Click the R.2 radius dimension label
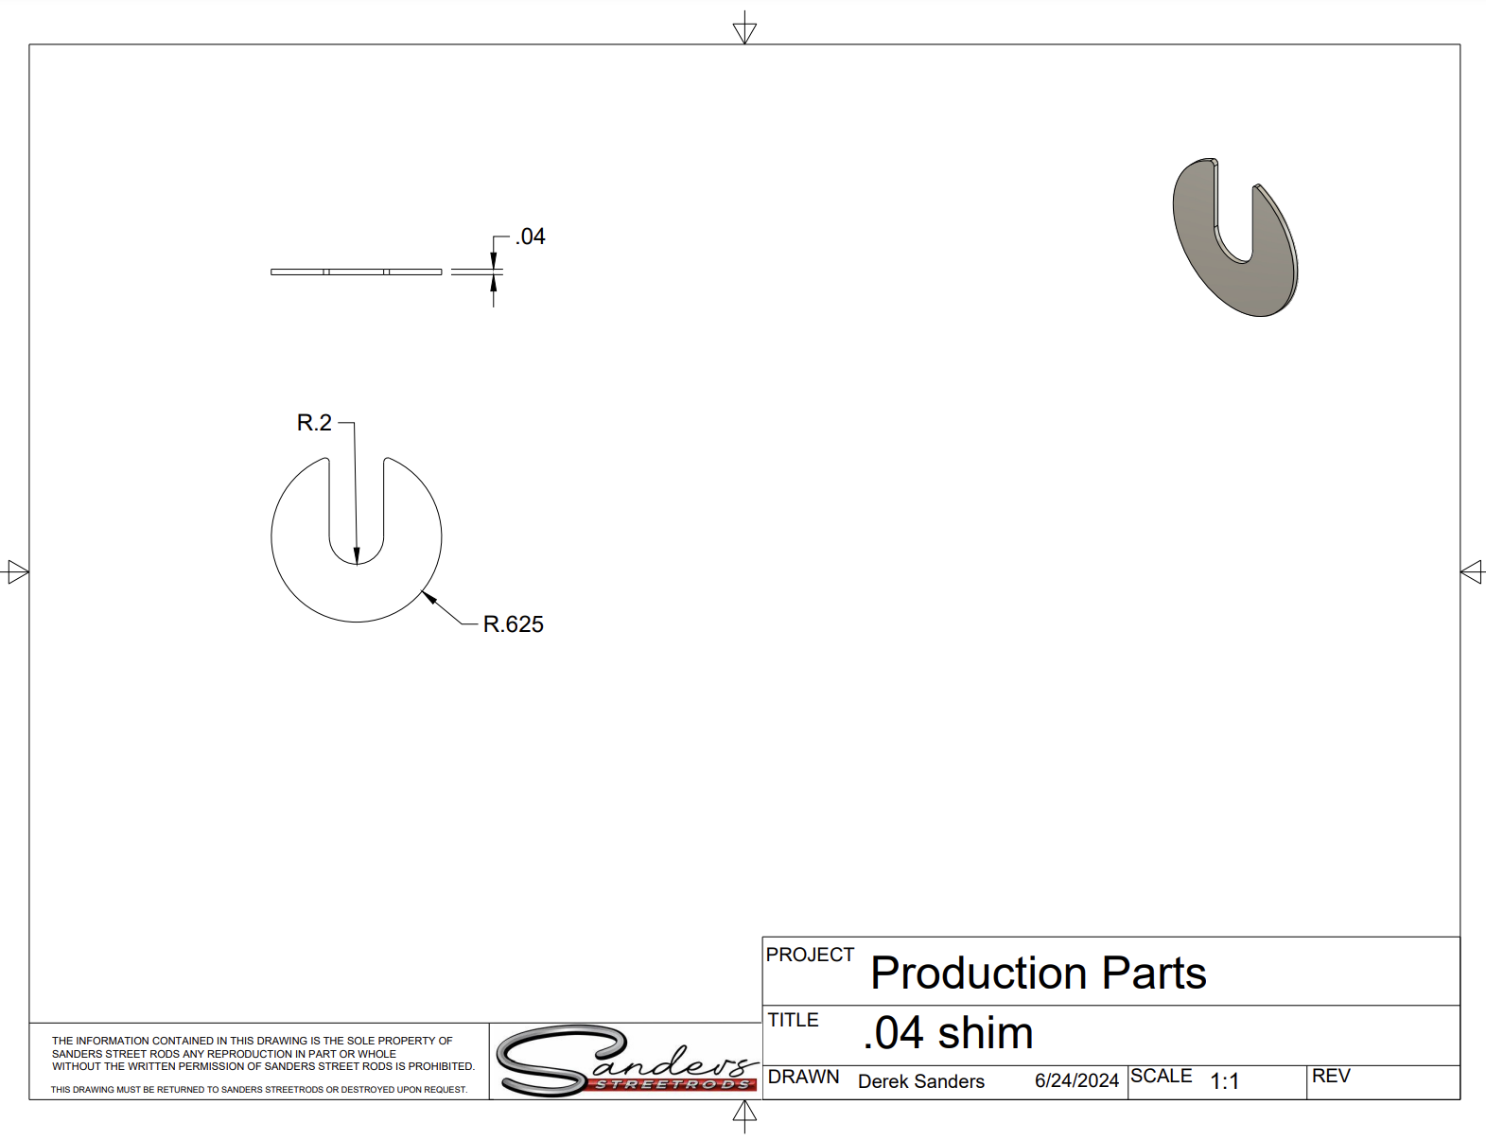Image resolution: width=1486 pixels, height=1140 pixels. point(314,423)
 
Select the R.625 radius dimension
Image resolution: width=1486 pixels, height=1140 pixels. point(513,624)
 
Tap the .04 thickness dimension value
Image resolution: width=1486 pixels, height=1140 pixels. point(530,237)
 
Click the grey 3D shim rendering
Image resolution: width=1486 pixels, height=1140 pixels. point(1235,237)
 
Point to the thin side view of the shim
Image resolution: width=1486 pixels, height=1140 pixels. point(357,272)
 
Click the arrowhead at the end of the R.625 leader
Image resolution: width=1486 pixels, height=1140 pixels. point(428,598)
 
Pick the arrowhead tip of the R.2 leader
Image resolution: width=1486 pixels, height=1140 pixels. point(357,565)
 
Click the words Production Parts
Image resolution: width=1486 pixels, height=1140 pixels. point(1038,973)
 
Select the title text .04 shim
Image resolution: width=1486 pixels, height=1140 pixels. point(948,1033)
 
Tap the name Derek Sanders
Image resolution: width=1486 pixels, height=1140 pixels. point(921,1081)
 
